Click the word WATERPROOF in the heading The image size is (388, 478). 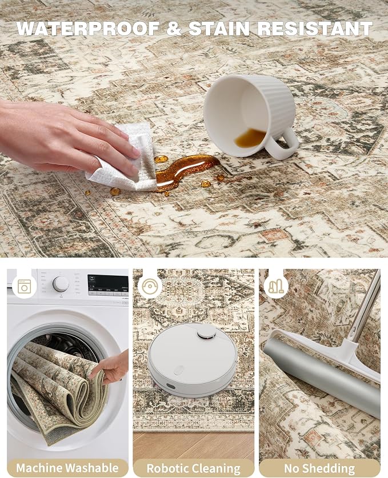point(88,29)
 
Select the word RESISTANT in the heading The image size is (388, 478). point(315,29)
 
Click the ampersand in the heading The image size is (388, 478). point(174,29)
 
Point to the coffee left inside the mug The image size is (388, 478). point(250,138)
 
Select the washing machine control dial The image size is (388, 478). point(61,284)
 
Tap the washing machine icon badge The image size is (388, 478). point(25,287)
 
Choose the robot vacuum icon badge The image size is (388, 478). point(150,287)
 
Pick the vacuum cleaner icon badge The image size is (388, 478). point(276,287)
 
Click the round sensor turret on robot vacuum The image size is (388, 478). point(206,332)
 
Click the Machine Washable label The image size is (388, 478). point(67,468)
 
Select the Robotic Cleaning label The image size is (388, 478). point(193,468)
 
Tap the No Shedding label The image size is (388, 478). point(319,468)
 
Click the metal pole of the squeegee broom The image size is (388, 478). point(365,306)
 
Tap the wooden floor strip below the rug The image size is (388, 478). point(193,445)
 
